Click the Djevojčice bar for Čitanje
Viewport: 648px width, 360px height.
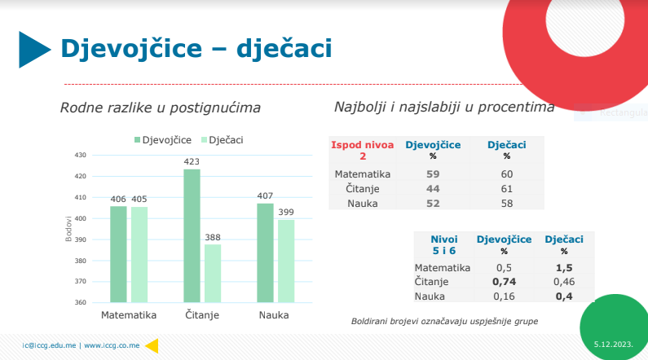192,235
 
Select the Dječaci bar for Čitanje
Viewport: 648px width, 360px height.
213,273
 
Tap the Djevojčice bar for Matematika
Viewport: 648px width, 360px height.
118,253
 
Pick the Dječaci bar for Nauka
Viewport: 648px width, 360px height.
286,261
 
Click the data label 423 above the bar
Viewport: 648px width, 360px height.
192,161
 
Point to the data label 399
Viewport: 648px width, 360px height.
286,212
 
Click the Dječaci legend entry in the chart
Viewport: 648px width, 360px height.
221,140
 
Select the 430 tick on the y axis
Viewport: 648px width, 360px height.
80,155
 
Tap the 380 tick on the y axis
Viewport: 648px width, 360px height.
80,261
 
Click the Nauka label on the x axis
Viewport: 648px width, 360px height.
273,315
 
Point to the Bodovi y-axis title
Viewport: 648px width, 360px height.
68,229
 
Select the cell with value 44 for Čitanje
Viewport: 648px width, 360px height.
433,188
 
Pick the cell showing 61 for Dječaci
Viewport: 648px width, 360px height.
506,188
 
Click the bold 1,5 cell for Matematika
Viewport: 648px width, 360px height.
563,267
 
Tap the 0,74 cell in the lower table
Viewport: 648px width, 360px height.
503,281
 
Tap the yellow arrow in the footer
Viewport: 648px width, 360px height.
151,345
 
